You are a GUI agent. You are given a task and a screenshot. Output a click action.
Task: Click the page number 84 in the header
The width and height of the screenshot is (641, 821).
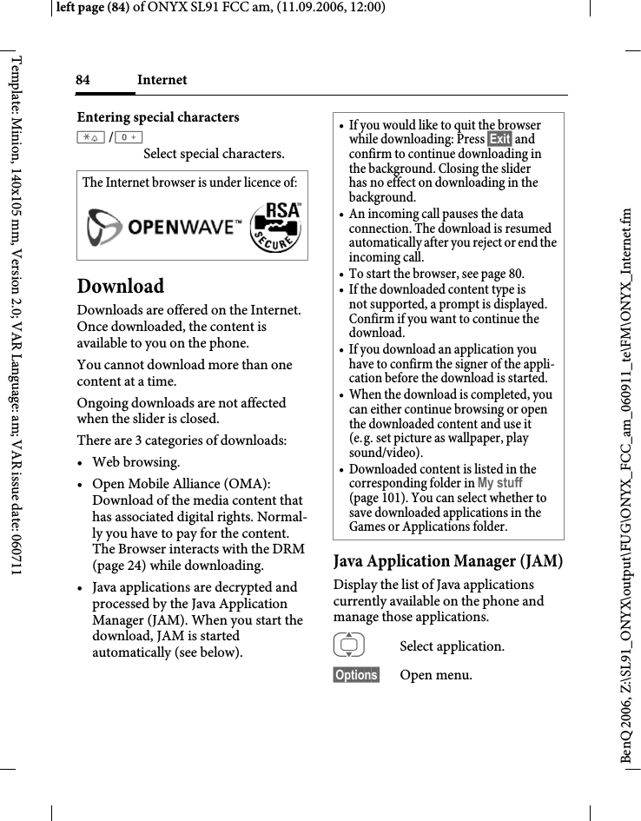click(83, 80)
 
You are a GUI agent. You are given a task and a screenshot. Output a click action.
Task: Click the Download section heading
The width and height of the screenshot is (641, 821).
click(120, 286)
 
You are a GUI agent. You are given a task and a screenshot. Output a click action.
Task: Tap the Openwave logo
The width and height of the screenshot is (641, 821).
click(164, 228)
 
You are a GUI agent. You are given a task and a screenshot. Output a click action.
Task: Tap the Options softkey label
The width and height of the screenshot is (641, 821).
click(356, 675)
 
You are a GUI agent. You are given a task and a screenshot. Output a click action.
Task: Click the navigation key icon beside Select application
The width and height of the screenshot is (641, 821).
click(352, 646)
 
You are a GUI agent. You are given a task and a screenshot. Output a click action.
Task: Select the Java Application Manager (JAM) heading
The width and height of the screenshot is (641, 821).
click(447, 561)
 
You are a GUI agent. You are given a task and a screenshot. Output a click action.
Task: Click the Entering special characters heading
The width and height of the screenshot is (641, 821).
click(158, 117)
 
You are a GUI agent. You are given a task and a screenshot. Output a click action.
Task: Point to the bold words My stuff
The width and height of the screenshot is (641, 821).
click(499, 483)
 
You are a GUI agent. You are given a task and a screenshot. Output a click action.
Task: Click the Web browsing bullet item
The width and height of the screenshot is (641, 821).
click(136, 462)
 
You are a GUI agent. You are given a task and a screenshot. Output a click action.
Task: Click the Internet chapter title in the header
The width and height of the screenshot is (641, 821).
click(162, 80)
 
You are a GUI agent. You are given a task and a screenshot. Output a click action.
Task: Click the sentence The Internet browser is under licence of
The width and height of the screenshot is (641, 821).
click(189, 182)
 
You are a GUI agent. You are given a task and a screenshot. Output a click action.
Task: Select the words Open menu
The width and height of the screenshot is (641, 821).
click(436, 675)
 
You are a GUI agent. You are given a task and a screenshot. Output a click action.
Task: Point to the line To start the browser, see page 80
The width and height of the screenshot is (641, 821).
click(436, 274)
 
